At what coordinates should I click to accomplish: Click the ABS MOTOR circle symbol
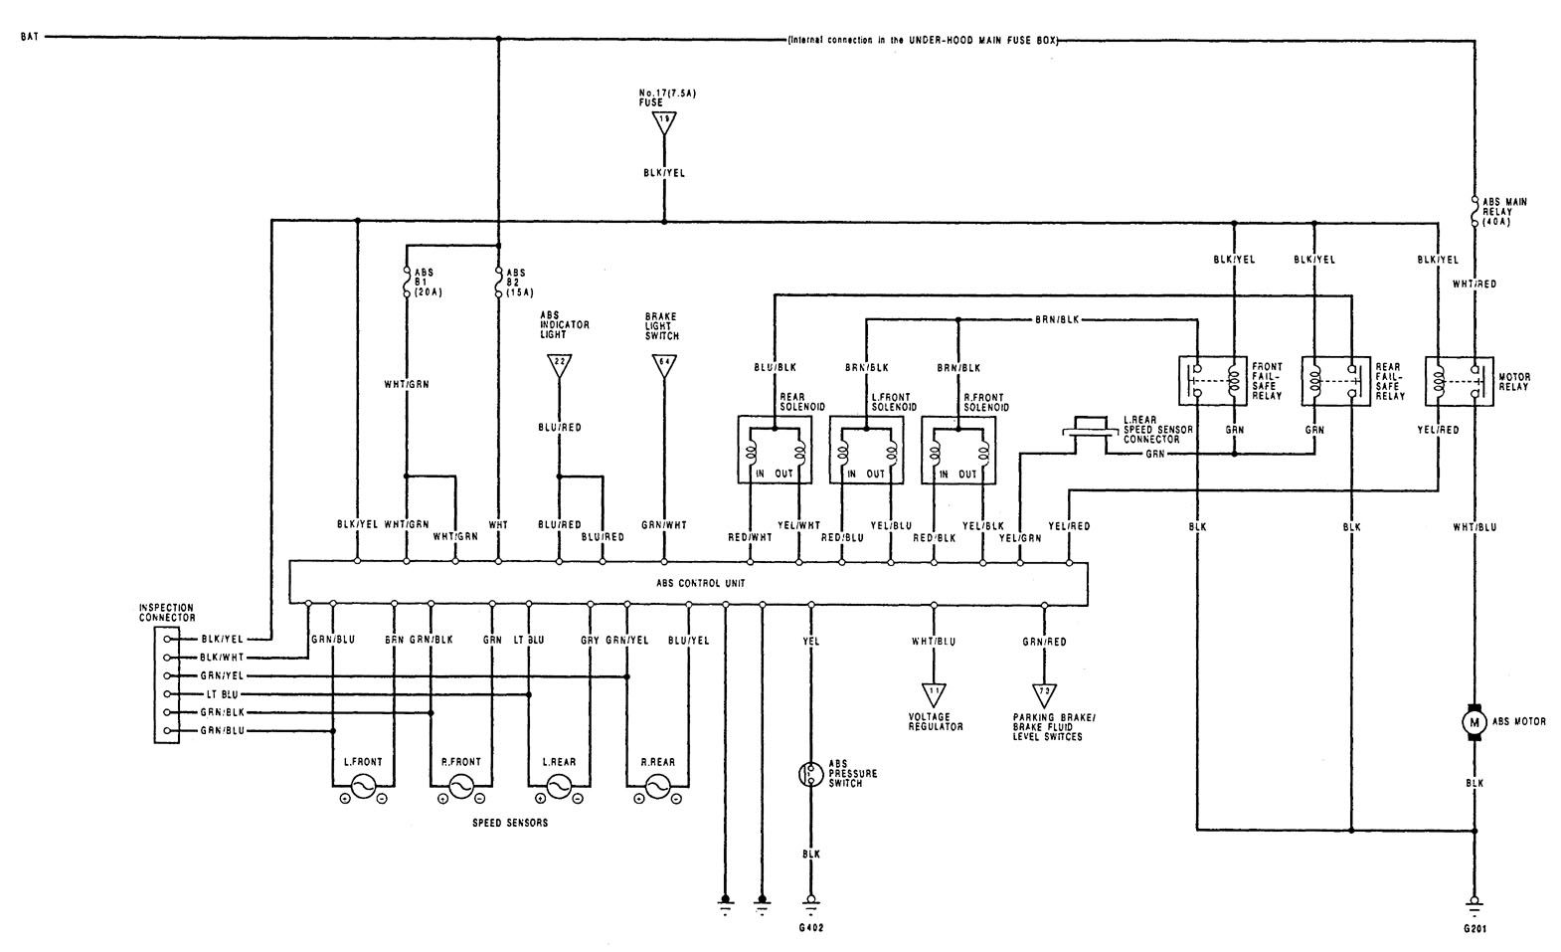coord(1474,721)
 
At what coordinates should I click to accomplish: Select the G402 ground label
coord(810,928)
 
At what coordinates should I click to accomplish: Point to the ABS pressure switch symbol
coord(810,773)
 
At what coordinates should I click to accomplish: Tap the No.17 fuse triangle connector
coord(663,122)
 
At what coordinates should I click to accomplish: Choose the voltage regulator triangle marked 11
coord(934,692)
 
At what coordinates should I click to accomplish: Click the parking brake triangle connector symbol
coord(1044,692)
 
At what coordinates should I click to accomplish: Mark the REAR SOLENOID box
coord(774,450)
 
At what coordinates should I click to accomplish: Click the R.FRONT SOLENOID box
coord(959,450)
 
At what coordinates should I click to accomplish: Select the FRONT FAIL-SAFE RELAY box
coord(1213,380)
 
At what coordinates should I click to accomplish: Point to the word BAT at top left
coord(30,39)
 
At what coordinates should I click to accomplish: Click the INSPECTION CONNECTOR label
coord(167,612)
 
